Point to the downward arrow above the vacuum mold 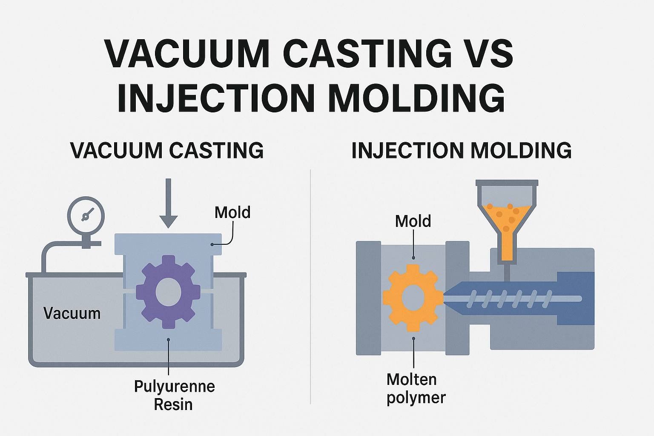[x=168, y=204]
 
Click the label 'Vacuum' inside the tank [x=72, y=314]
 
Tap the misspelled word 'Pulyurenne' [x=174, y=386]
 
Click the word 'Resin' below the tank [x=173, y=404]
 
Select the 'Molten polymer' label [x=416, y=388]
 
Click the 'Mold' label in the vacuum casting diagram [x=232, y=212]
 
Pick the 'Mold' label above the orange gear [x=413, y=221]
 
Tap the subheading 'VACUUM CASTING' [x=167, y=150]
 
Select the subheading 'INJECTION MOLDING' [x=461, y=150]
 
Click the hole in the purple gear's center [x=169, y=292]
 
